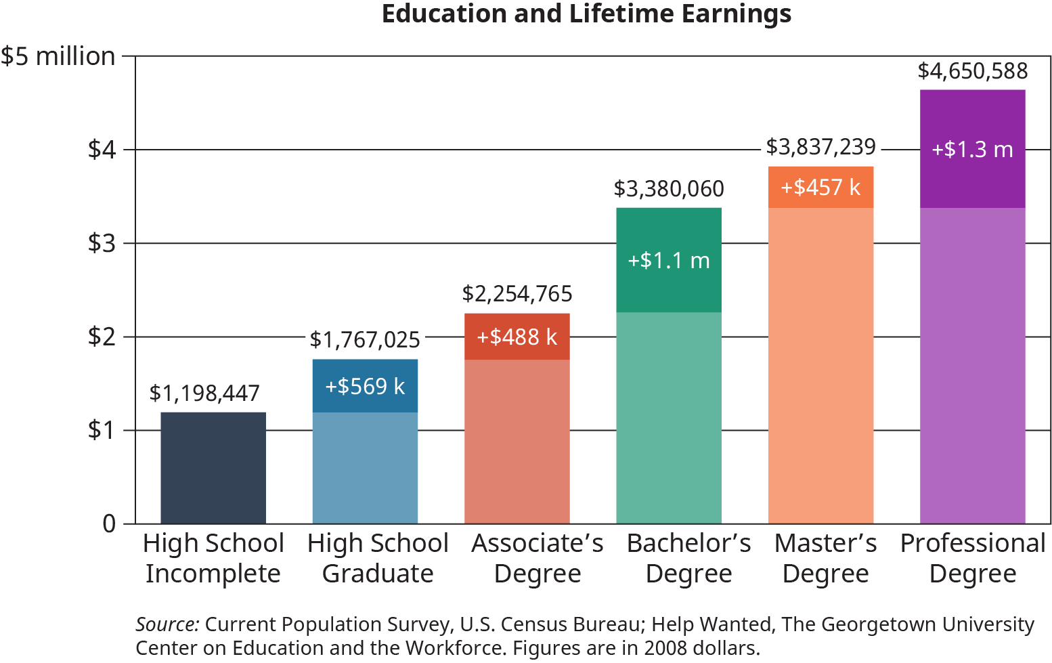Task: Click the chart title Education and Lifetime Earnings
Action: tap(586, 14)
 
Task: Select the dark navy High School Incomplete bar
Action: tap(213, 467)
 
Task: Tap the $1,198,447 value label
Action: tap(204, 393)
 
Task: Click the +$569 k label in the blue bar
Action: tap(365, 387)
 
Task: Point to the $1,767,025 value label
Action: tap(365, 340)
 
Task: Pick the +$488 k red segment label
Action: tap(517, 337)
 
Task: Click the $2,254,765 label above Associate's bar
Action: tap(517, 294)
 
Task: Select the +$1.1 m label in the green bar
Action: tap(669, 261)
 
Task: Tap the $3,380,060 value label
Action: tap(669, 189)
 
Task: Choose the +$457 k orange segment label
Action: tap(820, 188)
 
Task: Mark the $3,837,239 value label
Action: tap(820, 147)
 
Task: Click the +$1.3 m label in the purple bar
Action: tap(972, 150)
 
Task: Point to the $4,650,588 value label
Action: tap(972, 71)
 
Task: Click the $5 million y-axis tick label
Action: tap(58, 56)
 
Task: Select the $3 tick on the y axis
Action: tap(102, 243)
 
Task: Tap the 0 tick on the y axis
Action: tap(109, 523)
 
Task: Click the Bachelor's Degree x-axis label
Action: tap(688, 558)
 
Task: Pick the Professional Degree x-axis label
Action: tap(972, 558)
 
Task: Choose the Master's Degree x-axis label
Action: tap(825, 558)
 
